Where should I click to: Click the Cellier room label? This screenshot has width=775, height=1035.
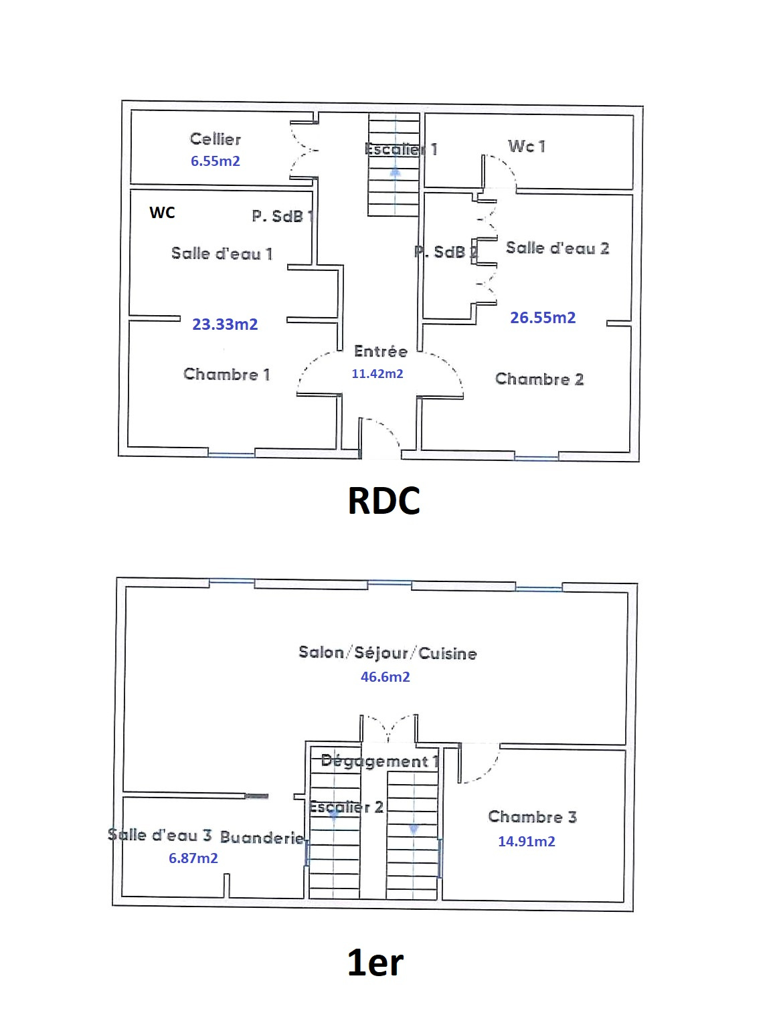pyautogui.click(x=215, y=139)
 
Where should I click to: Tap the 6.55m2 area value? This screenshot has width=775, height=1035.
pyautogui.click(x=215, y=161)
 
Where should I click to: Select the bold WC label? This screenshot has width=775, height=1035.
pyautogui.click(x=162, y=213)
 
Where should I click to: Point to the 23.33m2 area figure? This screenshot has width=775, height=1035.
pyautogui.click(x=225, y=324)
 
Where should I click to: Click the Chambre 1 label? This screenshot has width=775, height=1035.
pyautogui.click(x=226, y=374)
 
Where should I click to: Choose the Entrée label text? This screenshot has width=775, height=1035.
pyautogui.click(x=380, y=351)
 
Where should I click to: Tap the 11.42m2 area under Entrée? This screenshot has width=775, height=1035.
pyautogui.click(x=377, y=374)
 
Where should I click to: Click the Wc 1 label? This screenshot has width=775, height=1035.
pyautogui.click(x=526, y=146)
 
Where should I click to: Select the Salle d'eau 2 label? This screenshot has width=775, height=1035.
pyautogui.click(x=557, y=248)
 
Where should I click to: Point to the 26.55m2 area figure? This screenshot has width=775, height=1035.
pyautogui.click(x=543, y=318)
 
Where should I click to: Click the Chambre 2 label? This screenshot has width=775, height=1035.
pyautogui.click(x=539, y=379)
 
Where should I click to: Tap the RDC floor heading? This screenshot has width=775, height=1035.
pyautogui.click(x=383, y=500)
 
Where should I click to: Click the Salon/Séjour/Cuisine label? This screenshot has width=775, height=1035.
pyautogui.click(x=387, y=653)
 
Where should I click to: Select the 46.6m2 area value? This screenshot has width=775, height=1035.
pyautogui.click(x=385, y=677)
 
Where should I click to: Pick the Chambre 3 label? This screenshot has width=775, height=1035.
pyautogui.click(x=532, y=817)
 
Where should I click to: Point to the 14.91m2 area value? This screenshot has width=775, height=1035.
pyautogui.click(x=526, y=842)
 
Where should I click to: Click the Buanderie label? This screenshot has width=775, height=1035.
pyautogui.click(x=262, y=837)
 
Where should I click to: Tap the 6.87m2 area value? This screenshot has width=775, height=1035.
pyautogui.click(x=193, y=858)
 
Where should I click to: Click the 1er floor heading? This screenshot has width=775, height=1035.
pyautogui.click(x=375, y=963)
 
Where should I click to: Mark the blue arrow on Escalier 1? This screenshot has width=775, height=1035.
pyautogui.click(x=395, y=172)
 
